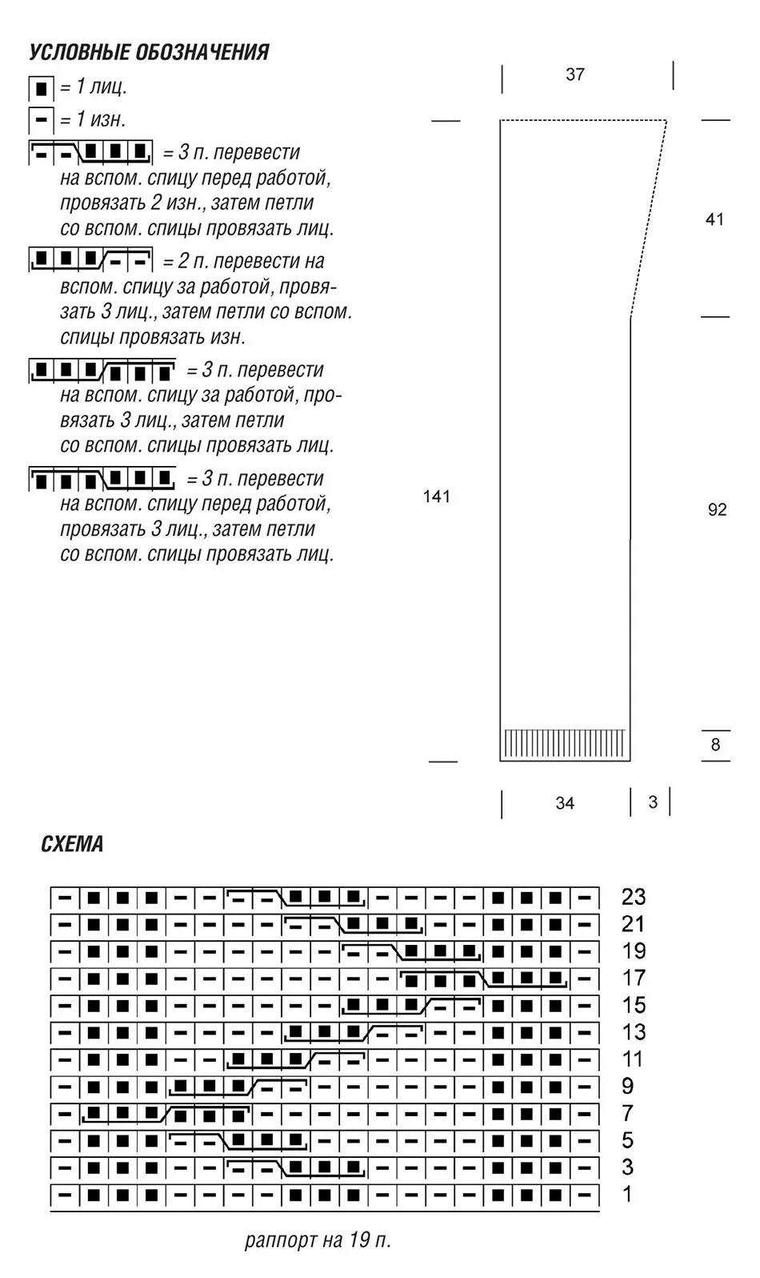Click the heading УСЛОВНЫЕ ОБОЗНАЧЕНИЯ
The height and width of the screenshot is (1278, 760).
pos(149,53)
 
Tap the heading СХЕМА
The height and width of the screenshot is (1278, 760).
pos(72,844)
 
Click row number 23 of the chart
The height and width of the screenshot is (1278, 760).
pos(633,897)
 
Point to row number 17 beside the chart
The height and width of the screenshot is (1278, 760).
pos(633,978)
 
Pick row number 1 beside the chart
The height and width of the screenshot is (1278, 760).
pos(627,1194)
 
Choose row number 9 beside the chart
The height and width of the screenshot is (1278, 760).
pos(627,1086)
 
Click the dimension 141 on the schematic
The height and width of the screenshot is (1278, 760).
pos(437,496)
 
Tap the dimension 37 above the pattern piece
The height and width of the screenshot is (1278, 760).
pos(575,74)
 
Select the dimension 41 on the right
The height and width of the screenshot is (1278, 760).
pos(714,219)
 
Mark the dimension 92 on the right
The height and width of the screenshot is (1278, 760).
pos(718,509)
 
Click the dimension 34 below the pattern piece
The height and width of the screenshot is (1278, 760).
pos(565,803)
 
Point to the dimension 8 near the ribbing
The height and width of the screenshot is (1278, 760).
pos(715,745)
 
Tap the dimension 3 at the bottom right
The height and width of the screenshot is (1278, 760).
pos(653,802)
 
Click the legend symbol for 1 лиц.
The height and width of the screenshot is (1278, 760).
pos(41,87)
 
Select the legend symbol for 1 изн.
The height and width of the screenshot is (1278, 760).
pos(41,120)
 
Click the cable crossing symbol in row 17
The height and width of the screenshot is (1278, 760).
pos(484,979)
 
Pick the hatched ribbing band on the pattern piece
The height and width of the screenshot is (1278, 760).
pos(565,743)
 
